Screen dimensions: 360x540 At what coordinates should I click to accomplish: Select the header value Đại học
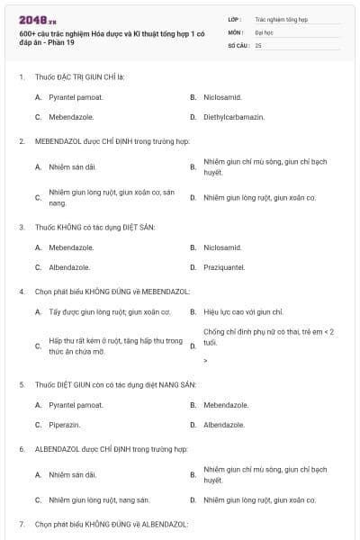(264, 31)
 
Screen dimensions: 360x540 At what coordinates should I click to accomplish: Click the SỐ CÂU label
(238, 44)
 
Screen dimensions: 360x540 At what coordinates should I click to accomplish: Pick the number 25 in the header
(258, 44)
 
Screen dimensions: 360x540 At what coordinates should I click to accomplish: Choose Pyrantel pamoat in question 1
(76, 96)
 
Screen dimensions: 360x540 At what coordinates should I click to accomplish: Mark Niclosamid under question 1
(222, 96)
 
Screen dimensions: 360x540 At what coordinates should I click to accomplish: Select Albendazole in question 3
(71, 267)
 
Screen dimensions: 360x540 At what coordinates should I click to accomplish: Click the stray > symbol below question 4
(206, 361)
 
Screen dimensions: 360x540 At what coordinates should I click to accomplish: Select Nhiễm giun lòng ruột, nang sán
(99, 499)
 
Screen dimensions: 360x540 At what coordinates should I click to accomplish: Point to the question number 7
(22, 524)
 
